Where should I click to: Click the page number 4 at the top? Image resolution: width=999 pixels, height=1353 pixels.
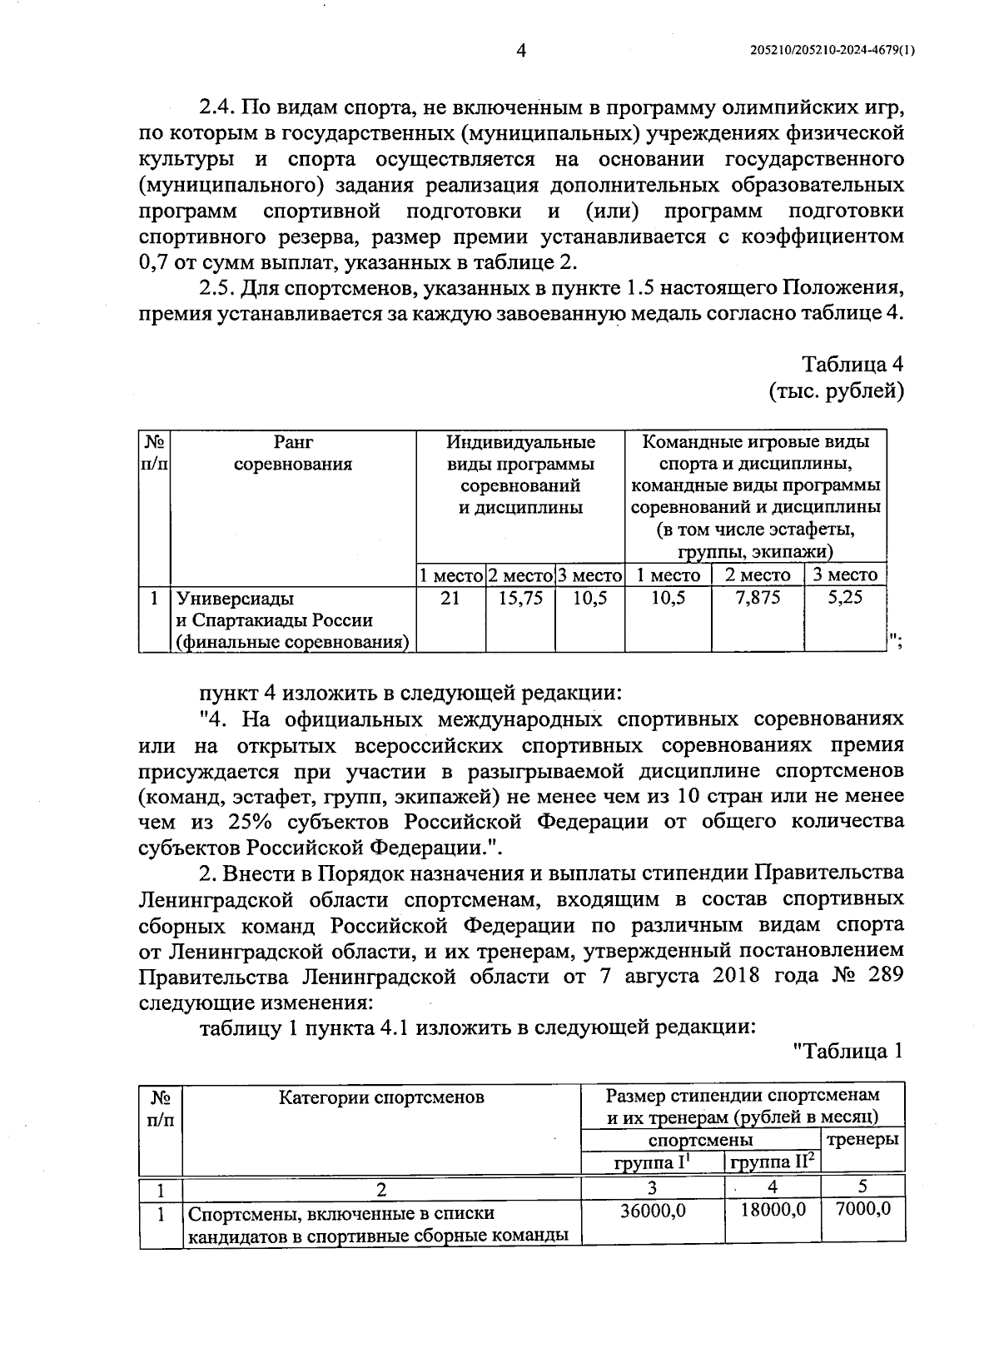coord(521,51)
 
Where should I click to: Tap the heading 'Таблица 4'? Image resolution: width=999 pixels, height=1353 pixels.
coord(852,365)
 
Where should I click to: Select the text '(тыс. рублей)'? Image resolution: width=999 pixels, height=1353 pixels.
coord(836,390)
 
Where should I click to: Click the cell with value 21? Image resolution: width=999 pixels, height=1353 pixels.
coord(450,598)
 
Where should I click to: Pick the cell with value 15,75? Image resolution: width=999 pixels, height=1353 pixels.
coord(520,598)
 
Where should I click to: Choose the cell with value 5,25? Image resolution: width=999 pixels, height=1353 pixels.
coord(844,598)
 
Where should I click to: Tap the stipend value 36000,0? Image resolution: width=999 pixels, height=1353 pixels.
coord(653,1210)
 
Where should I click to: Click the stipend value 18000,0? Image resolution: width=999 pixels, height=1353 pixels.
coord(773,1210)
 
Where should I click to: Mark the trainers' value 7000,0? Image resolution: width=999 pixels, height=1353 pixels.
coord(862,1208)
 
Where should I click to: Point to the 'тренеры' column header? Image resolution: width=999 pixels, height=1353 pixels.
coord(862,1139)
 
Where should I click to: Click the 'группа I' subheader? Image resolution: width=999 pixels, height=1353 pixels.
coord(652,1161)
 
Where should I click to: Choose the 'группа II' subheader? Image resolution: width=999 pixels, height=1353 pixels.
coord(771,1161)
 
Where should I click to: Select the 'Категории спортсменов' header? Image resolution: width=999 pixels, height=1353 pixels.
coord(381,1097)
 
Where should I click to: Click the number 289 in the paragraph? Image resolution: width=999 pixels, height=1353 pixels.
coord(881,976)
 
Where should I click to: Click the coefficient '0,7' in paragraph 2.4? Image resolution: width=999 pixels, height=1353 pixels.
coord(152,263)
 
